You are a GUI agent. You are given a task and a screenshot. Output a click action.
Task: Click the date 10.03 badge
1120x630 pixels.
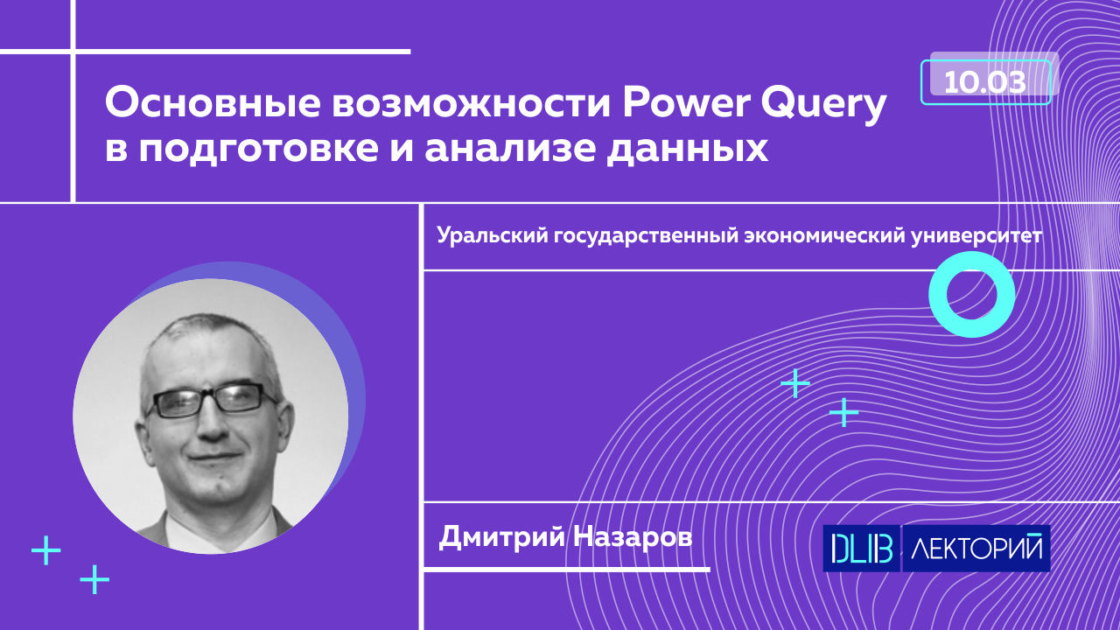985,82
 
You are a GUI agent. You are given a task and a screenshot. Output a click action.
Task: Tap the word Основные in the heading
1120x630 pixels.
213,103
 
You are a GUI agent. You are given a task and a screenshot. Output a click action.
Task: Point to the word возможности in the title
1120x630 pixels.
472,104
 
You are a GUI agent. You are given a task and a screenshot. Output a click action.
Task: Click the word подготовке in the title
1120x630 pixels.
258,150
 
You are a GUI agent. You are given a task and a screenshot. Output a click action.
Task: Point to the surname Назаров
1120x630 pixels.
633,538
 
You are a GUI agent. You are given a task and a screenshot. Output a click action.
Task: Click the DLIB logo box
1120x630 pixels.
862,549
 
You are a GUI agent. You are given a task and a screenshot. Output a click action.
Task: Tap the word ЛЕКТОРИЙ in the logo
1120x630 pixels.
976,549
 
